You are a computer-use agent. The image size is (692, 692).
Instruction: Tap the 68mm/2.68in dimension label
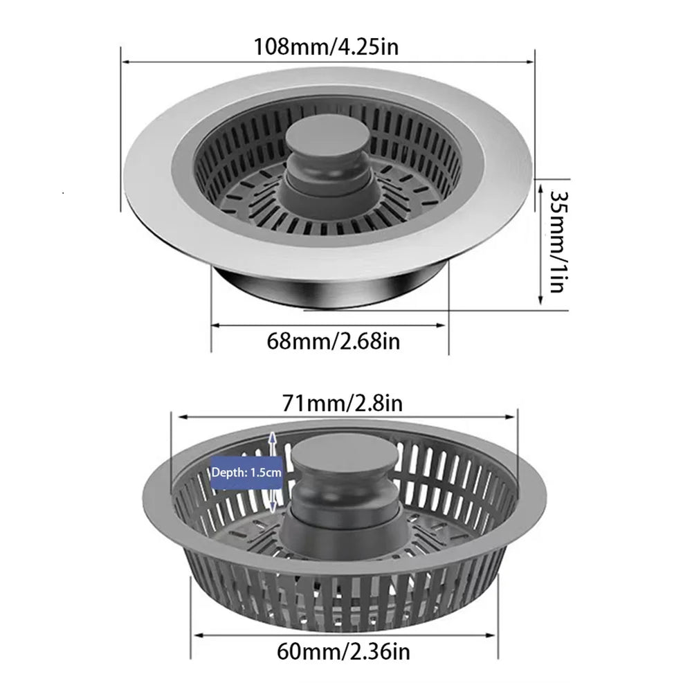tap(333, 341)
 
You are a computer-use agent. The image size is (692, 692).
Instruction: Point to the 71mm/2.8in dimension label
tap(344, 402)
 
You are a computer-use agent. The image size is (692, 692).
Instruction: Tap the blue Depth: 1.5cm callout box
tap(246, 473)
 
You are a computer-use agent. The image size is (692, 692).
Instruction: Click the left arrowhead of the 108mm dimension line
tap(125, 62)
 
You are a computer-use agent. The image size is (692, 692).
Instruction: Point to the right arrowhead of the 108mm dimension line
tap(533, 62)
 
